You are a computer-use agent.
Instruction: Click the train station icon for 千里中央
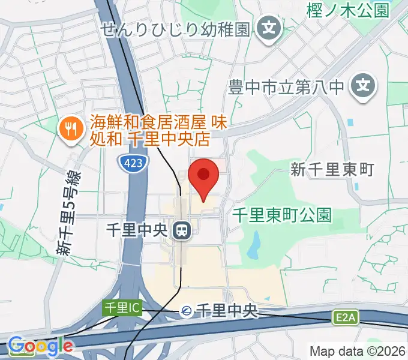(180, 230)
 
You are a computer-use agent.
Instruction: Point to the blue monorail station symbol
(187, 311)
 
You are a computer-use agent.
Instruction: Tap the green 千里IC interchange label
(121, 308)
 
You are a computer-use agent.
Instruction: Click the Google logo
(40, 346)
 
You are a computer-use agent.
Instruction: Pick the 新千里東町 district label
(332, 170)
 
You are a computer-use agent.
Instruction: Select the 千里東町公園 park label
(282, 215)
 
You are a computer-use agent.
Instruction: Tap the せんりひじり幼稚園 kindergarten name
(175, 29)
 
